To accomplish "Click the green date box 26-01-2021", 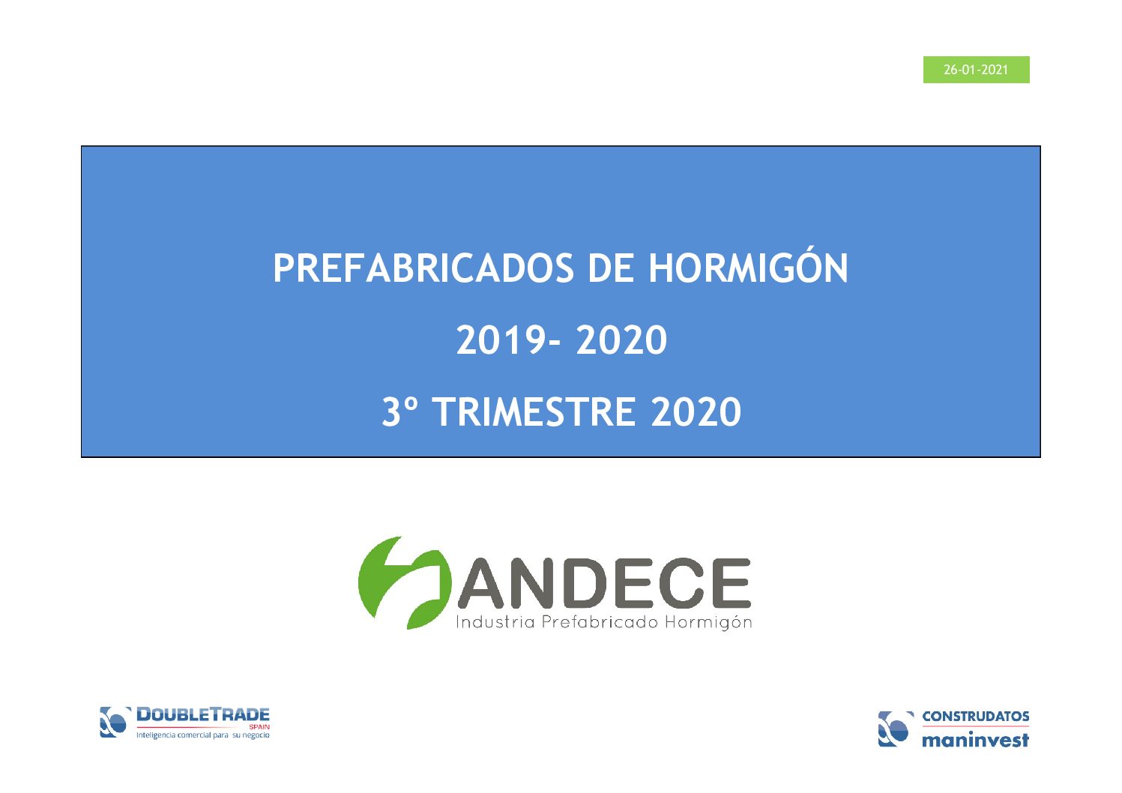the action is [976, 70].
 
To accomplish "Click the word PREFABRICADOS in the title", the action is [423, 268].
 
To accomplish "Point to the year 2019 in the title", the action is [501, 340].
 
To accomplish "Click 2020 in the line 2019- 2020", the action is [621, 340].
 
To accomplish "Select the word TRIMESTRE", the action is [534, 411].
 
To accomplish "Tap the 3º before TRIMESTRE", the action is [399, 411].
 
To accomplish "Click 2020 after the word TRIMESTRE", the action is [696, 411].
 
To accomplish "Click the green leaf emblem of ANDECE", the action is [404, 582].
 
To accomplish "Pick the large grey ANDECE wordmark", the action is [604, 582].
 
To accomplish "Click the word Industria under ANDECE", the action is [495, 622].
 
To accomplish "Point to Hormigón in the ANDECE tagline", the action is [708, 623].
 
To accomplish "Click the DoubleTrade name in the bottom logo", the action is [203, 714].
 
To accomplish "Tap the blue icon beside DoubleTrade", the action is [115, 722].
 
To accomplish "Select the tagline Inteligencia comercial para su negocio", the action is [203, 735].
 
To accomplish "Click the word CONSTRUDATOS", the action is [976, 717].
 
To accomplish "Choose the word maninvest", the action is [976, 740].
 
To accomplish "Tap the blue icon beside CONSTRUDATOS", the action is [895, 729].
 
